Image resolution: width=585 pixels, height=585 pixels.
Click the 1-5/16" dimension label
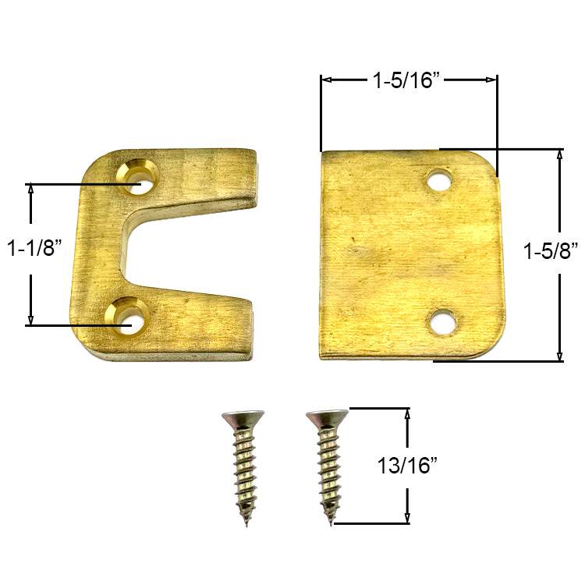point(408,80)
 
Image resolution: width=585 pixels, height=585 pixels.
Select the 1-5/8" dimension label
point(551,251)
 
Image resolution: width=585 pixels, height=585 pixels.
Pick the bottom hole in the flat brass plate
point(442,321)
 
